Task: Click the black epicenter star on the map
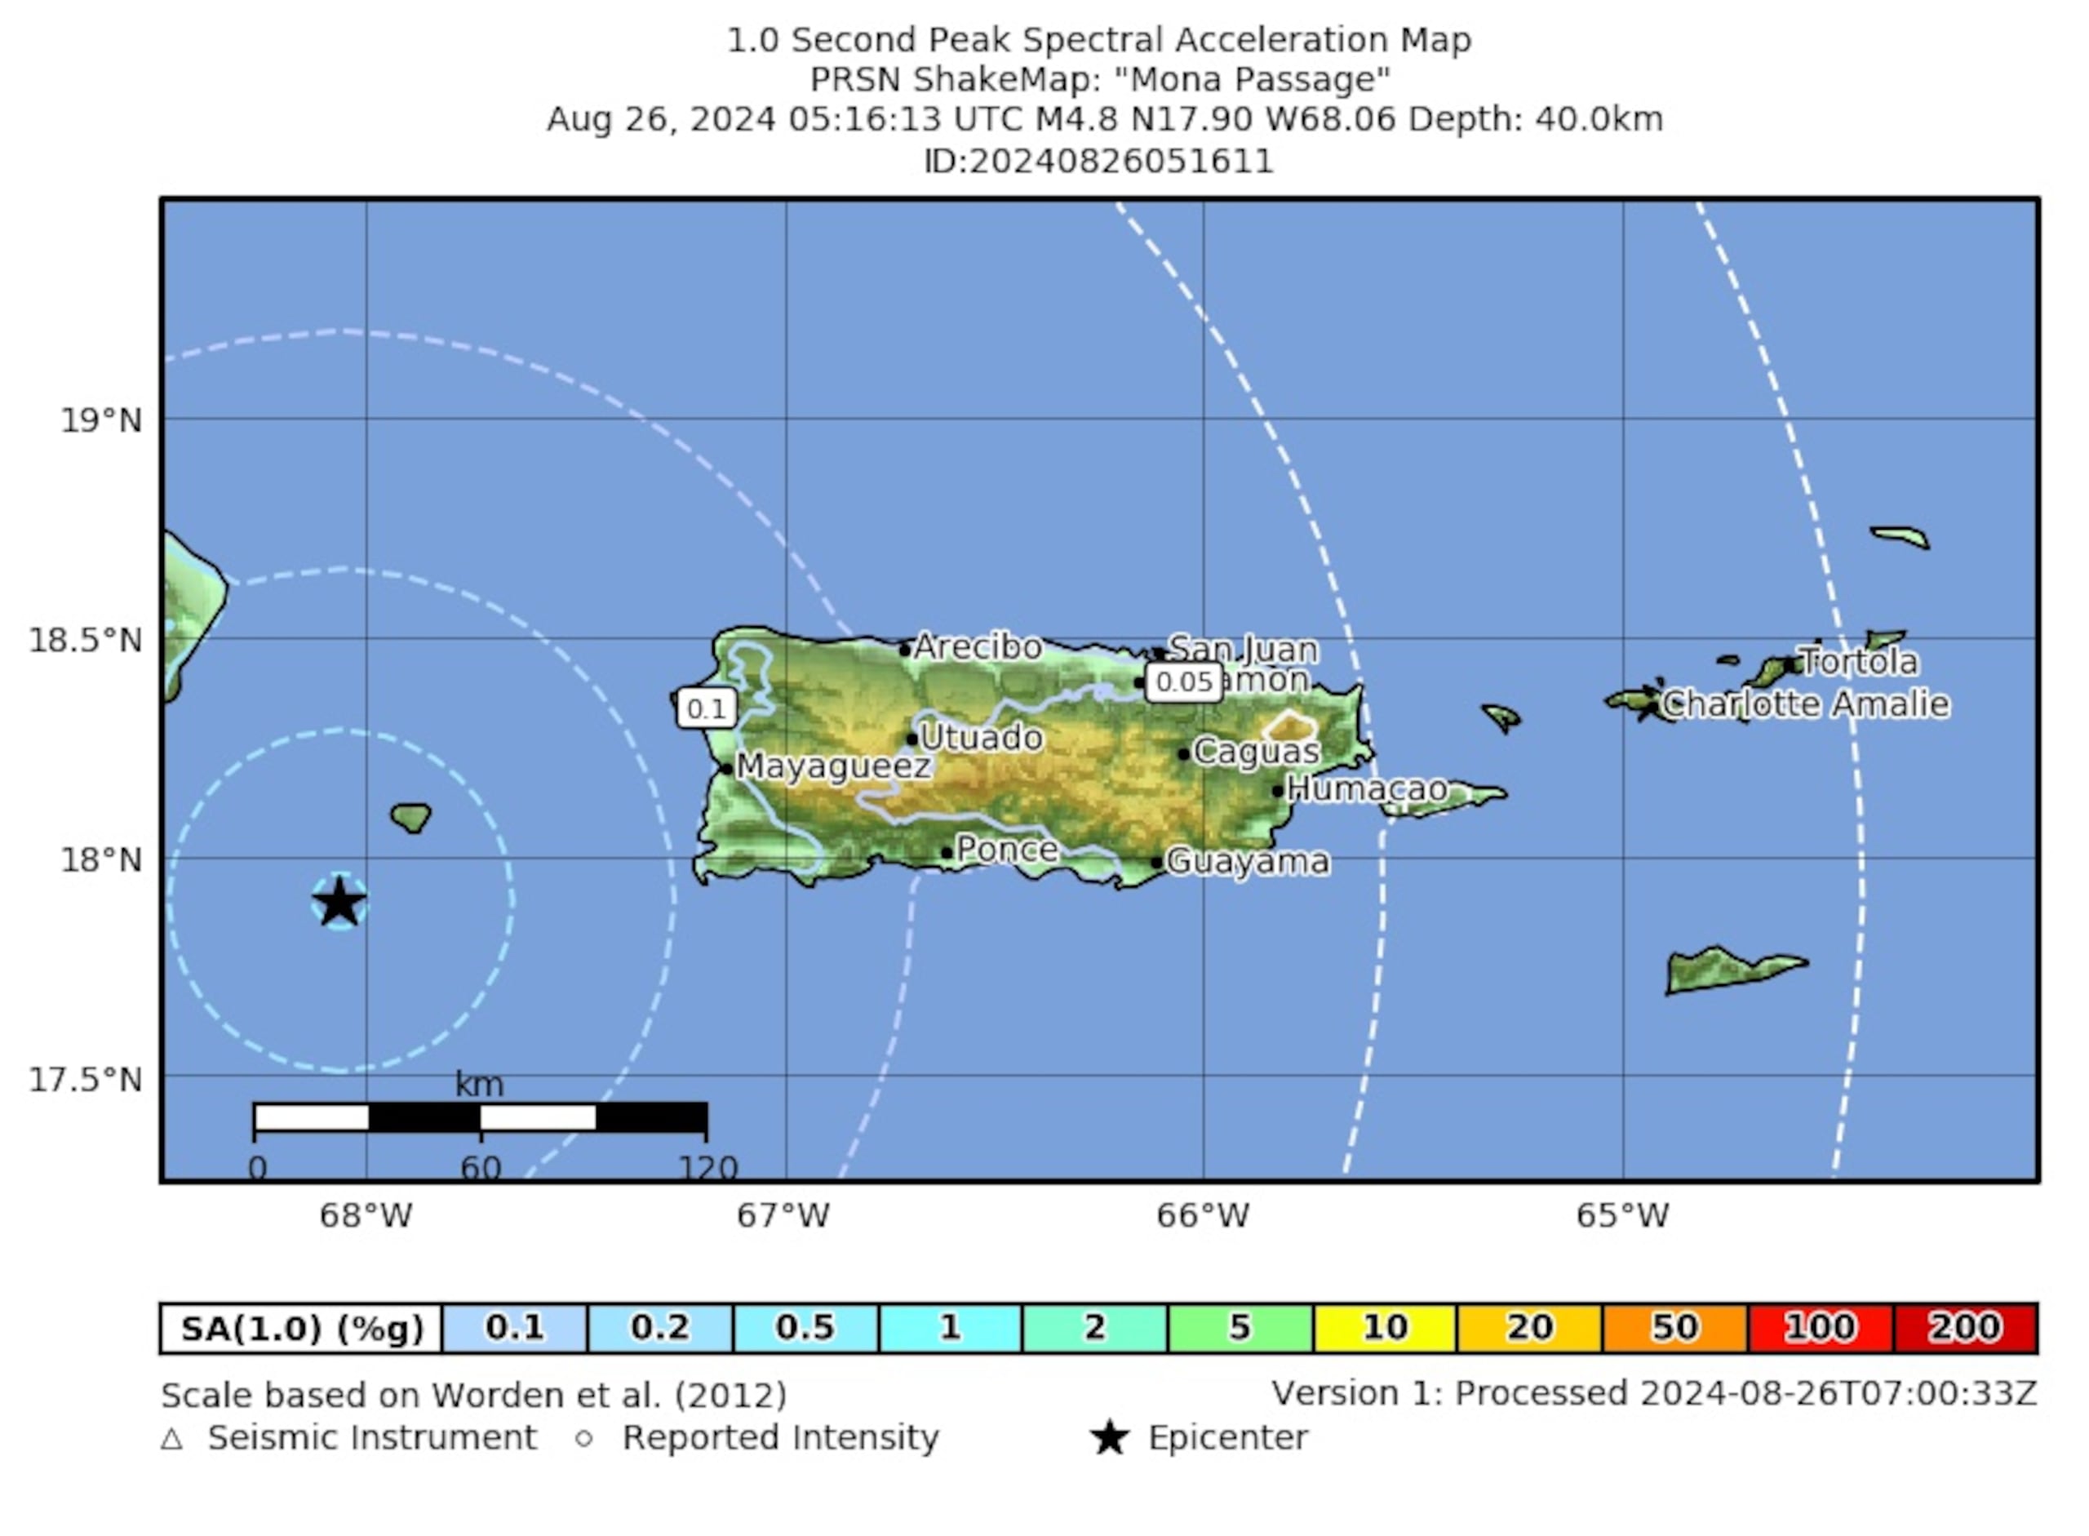339,902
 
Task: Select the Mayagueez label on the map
833,766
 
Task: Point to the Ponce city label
1007,849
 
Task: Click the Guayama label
1247,862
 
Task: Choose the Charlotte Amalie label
1804,704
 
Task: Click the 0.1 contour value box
707,709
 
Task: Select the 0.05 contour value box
1183,681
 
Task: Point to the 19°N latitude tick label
101,421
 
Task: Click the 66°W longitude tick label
1203,1215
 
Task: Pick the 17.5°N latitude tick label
86,1081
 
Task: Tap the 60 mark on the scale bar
481,1168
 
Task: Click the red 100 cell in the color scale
1820,1328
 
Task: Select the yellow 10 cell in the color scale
1384,1328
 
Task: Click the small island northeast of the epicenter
410,817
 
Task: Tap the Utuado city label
981,737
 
